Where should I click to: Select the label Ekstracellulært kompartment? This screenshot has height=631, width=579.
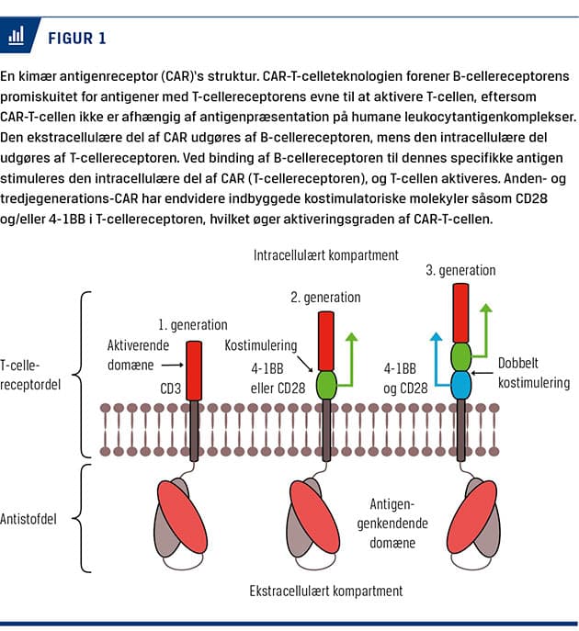[x=325, y=590]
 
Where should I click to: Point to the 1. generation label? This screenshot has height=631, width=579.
[x=192, y=325]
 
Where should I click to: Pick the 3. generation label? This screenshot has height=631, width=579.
[x=460, y=271]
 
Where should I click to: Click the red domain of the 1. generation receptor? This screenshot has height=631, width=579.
[x=194, y=370]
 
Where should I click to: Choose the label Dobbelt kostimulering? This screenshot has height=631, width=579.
[x=530, y=373]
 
